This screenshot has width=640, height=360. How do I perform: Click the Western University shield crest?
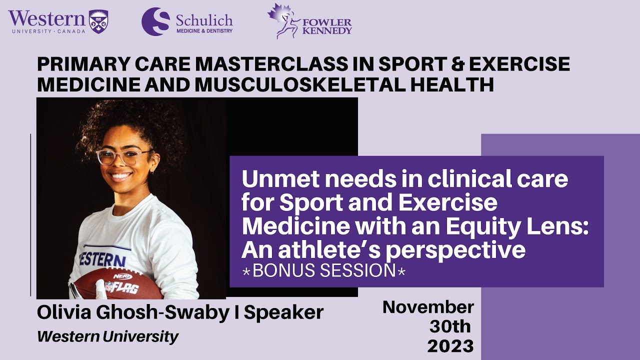[x=98, y=21]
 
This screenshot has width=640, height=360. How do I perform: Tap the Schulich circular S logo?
[x=155, y=21]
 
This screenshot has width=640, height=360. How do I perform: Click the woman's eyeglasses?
[x=123, y=156]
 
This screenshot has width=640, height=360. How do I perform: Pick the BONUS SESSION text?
[x=324, y=270]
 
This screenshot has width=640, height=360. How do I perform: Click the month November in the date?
[x=428, y=307]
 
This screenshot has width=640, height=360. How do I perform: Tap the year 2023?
[x=450, y=345]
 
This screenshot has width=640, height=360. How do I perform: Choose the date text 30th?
[x=450, y=326]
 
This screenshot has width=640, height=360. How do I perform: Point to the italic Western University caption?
[x=107, y=336]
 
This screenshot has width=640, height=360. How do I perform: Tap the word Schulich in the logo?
[x=204, y=20]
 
